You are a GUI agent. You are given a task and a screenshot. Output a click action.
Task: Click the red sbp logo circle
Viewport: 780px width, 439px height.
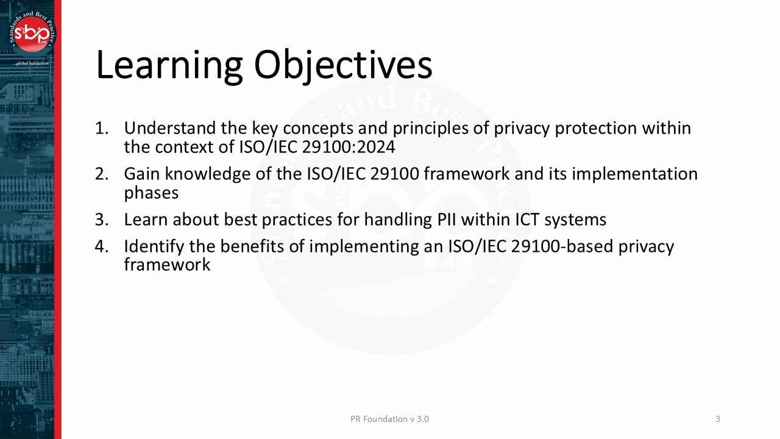coord(32,34)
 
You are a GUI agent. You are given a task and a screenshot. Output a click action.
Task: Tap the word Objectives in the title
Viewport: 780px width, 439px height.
coord(343,65)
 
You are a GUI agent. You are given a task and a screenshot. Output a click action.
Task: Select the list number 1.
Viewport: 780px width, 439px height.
coord(101,129)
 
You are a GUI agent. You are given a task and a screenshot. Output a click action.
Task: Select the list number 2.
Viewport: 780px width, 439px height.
coord(101,174)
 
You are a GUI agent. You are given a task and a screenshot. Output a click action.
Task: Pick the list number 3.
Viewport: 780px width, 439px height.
coord(101,220)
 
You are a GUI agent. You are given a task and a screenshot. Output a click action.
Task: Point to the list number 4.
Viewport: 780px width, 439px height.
coord(101,246)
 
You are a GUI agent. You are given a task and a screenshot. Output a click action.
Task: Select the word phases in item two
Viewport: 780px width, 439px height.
coord(151,193)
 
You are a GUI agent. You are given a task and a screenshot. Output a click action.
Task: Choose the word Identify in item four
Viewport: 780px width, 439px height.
coord(154,246)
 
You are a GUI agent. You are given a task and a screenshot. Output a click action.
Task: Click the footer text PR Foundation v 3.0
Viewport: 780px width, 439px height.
coord(389,419)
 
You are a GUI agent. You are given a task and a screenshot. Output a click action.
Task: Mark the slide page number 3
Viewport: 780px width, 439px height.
coord(717,419)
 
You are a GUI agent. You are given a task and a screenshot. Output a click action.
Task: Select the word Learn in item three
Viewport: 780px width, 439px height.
coord(145,220)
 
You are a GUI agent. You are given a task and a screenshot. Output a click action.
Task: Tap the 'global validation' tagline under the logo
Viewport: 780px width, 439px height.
coord(32,63)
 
